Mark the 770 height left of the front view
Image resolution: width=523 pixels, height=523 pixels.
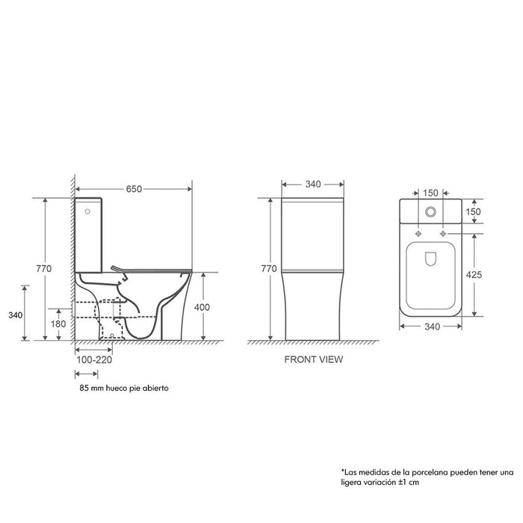[270, 268]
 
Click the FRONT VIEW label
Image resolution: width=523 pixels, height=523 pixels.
[313, 359]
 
